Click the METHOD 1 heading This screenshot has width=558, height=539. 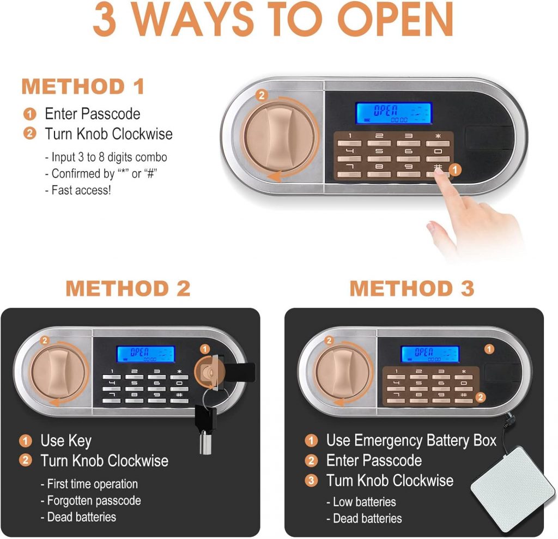[83, 87]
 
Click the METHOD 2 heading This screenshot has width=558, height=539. [128, 289]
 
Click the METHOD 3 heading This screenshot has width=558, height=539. [412, 289]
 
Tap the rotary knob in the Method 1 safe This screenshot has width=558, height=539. [271, 136]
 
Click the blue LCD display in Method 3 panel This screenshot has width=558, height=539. [430, 354]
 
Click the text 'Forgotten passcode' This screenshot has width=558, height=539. [94, 500]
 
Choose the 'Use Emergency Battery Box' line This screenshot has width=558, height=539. [411, 440]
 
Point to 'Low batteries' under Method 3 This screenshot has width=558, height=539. [365, 501]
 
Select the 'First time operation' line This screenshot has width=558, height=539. [92, 484]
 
